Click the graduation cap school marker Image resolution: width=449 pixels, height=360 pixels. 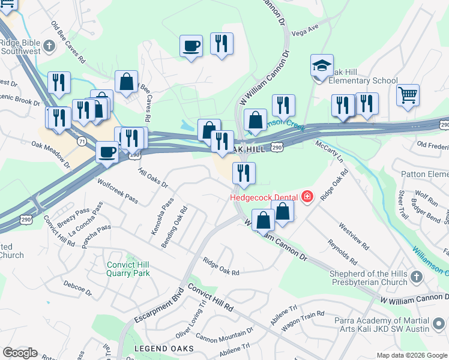pyautogui.click(x=322, y=65)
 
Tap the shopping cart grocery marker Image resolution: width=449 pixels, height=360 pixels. pyautogui.click(x=408, y=95)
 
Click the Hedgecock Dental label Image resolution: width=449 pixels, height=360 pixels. pyautogui.click(x=265, y=197)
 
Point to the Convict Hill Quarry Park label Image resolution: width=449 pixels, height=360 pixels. pyautogui.click(x=128, y=269)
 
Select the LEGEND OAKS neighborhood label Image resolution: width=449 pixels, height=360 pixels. pyautogui.click(x=163, y=349)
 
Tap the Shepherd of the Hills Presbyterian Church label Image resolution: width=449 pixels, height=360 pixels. pyautogui.click(x=373, y=278)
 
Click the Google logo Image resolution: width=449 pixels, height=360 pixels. pyautogui.click(x=20, y=353)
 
